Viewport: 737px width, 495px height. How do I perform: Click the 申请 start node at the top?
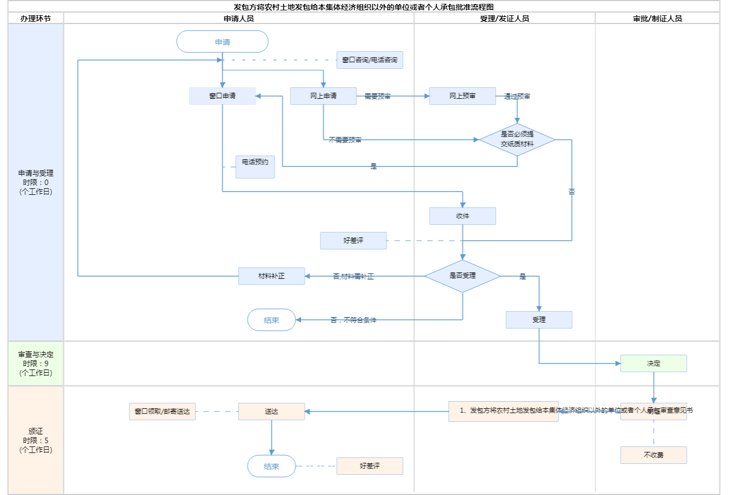[x=222, y=42]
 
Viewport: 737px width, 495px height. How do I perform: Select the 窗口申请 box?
[x=222, y=96]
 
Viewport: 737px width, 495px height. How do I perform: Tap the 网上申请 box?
[x=323, y=96]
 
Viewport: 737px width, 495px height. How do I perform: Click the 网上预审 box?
[x=462, y=96]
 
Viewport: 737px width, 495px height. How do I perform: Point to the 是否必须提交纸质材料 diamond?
[x=517, y=140]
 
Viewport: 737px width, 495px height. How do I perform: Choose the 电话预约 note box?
[x=255, y=166]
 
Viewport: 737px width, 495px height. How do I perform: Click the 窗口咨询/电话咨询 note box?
[x=370, y=60]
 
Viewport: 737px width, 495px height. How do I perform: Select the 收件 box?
[x=462, y=216]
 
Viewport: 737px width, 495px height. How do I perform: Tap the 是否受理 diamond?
[x=462, y=276]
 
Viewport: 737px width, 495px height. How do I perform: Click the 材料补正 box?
[x=271, y=276]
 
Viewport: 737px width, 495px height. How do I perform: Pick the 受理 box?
[x=539, y=320]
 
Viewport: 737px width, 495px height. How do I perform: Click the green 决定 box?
[x=653, y=363]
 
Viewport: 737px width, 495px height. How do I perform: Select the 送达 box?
[x=271, y=411]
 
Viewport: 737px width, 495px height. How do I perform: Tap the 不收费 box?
[x=653, y=455]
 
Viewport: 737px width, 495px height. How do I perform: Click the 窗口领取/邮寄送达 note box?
[x=162, y=411]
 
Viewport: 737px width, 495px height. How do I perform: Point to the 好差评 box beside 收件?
[x=353, y=241]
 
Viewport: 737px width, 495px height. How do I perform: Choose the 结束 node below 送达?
[x=271, y=467]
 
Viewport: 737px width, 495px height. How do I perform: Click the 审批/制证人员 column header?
[x=657, y=19]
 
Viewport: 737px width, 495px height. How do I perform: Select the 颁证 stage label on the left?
[x=35, y=440]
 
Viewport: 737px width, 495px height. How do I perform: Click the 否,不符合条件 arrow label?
[x=353, y=320]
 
